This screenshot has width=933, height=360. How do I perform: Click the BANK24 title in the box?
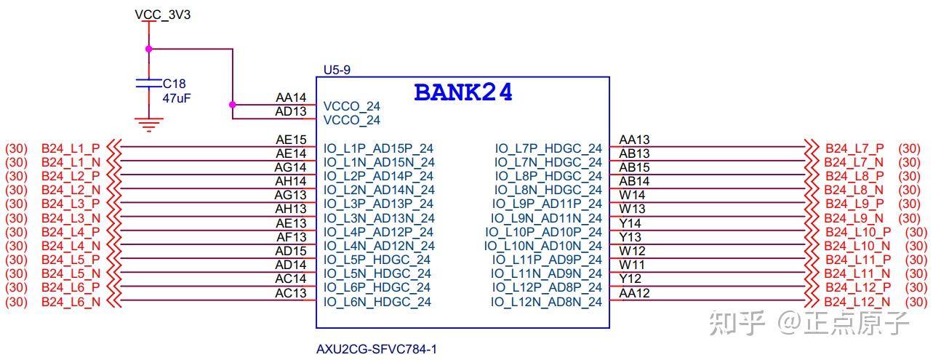[x=463, y=92]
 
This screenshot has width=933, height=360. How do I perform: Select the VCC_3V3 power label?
[x=163, y=15]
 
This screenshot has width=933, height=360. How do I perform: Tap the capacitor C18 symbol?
[x=148, y=84]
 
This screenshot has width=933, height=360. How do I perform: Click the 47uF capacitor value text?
[x=177, y=97]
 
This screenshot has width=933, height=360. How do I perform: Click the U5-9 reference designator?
[x=337, y=70]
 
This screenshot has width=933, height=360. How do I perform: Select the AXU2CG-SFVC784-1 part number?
[x=376, y=348]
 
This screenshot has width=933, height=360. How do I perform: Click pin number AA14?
[x=291, y=97]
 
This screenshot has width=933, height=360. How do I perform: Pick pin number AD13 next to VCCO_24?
[x=291, y=111]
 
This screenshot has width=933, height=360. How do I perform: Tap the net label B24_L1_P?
[x=71, y=148]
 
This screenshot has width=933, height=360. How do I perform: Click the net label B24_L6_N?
[x=71, y=302]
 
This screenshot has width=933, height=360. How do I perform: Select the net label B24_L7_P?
[x=854, y=148]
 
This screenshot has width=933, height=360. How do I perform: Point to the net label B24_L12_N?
[x=857, y=302]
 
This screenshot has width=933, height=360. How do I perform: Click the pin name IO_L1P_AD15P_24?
[x=379, y=148]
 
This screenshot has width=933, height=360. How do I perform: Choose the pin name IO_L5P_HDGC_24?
[x=377, y=260]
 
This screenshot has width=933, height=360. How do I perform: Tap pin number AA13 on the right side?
[x=634, y=140]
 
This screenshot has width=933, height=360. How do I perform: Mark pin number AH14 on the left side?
[x=290, y=181]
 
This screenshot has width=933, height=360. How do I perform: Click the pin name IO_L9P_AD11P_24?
[x=547, y=204]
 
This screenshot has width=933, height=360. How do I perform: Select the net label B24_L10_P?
[x=857, y=232]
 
